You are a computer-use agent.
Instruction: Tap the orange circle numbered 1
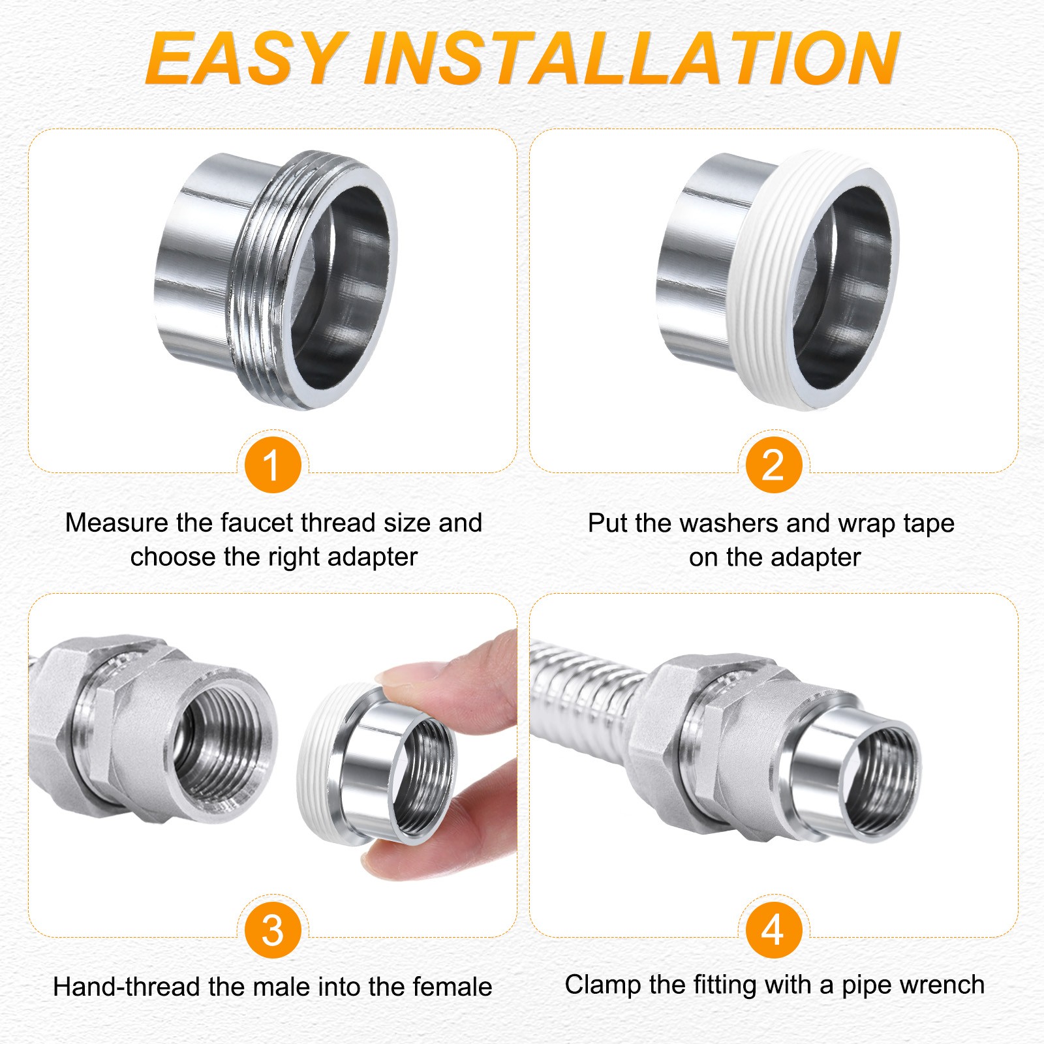pyautogui.click(x=272, y=465)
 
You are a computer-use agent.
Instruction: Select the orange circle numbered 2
pyautogui.click(x=773, y=465)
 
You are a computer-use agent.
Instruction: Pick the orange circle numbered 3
pyautogui.click(x=272, y=930)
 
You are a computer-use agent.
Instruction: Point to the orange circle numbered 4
pyautogui.click(x=773, y=930)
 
